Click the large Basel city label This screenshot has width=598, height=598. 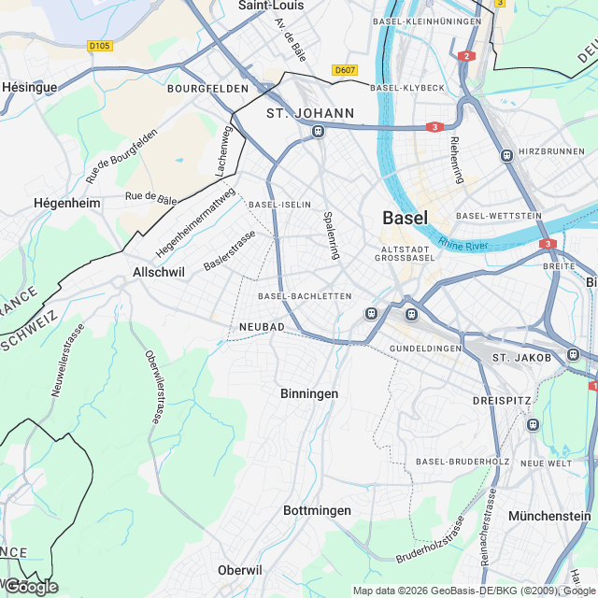pos(406,218)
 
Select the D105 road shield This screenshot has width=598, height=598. pos(99,45)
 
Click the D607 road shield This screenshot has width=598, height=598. pos(345,70)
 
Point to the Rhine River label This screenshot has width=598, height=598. pos(463,244)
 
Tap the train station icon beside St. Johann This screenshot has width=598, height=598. pos(319,132)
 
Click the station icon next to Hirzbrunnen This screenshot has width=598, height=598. pos(506,155)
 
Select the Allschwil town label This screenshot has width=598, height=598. pos(160,272)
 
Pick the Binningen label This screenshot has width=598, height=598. pos(309,394)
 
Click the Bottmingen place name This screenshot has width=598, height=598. pos(317,511)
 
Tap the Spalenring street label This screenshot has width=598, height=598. pos(329,235)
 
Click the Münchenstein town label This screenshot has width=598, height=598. pos(549,516)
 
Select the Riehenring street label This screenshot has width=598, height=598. pos(456,160)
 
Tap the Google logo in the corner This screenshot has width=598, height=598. pos(30,587)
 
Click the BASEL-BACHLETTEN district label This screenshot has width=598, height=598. pos(305,296)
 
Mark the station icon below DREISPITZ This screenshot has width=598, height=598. pos(533,424)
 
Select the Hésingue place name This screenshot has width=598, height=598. pos(29,87)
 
